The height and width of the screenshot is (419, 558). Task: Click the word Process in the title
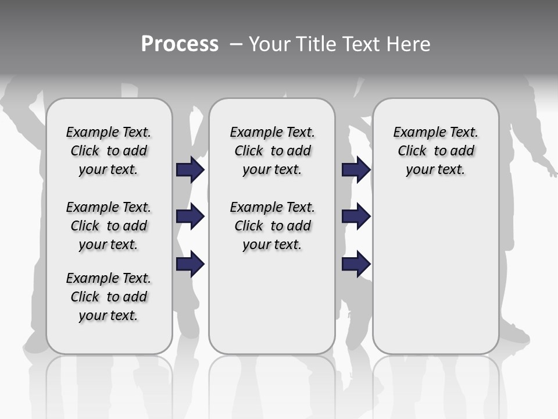[x=180, y=44]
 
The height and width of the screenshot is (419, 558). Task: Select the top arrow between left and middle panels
[x=190, y=169]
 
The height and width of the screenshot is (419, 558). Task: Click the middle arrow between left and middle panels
[x=190, y=217]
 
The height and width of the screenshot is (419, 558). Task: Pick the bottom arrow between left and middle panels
[x=190, y=265]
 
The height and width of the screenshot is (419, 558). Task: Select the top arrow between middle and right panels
[x=356, y=169]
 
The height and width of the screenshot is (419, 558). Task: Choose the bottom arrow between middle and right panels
[x=356, y=265]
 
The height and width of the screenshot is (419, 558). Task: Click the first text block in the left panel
[x=109, y=151]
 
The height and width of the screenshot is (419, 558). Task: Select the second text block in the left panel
[x=109, y=226]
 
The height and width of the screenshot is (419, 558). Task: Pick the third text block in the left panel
[x=109, y=297]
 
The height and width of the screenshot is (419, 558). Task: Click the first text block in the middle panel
[x=272, y=151]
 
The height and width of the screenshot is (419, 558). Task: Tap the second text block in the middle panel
[x=272, y=226]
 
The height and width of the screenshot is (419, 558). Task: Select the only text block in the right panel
[x=435, y=151]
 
